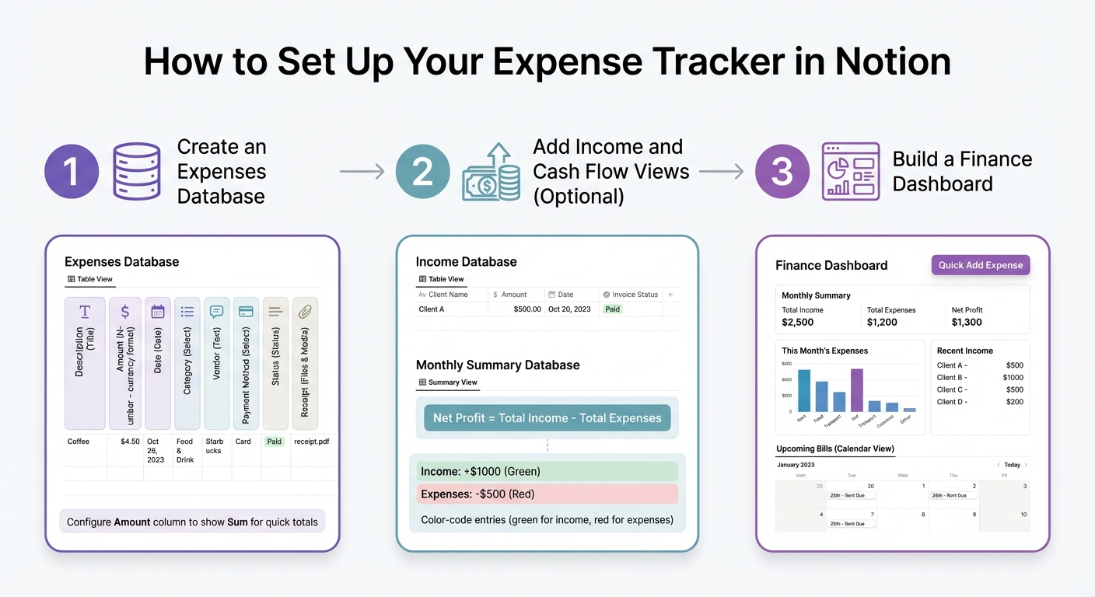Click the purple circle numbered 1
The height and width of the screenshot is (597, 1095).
pyautogui.click(x=72, y=171)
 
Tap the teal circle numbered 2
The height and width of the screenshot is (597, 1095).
pyautogui.click(x=422, y=171)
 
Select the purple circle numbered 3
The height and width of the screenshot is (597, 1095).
pyautogui.click(x=782, y=171)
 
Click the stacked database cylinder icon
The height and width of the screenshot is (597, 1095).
pyautogui.click(x=136, y=171)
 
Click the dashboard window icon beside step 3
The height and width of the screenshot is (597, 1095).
pyautogui.click(x=851, y=171)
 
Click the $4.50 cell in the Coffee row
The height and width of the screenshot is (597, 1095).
pyautogui.click(x=130, y=442)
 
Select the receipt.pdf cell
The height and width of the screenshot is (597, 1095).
pyautogui.click(x=311, y=442)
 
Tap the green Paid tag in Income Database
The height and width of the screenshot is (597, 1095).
pyautogui.click(x=613, y=309)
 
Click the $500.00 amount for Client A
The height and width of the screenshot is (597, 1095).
pyautogui.click(x=527, y=309)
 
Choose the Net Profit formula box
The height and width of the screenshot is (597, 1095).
pyautogui.click(x=547, y=418)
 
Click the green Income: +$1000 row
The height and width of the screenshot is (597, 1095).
pyautogui.click(x=547, y=471)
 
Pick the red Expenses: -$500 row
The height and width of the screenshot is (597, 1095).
pyautogui.click(x=547, y=494)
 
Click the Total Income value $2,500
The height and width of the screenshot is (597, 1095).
pyautogui.click(x=797, y=323)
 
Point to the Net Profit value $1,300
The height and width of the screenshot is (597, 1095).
pyautogui.click(x=967, y=323)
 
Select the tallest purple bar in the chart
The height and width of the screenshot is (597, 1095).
pyautogui.click(x=857, y=389)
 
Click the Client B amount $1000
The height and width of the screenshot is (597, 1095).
pyautogui.click(x=1013, y=378)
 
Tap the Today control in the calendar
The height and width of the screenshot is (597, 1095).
pyautogui.click(x=1012, y=465)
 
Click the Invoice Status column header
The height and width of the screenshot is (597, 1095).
pyautogui.click(x=635, y=295)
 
